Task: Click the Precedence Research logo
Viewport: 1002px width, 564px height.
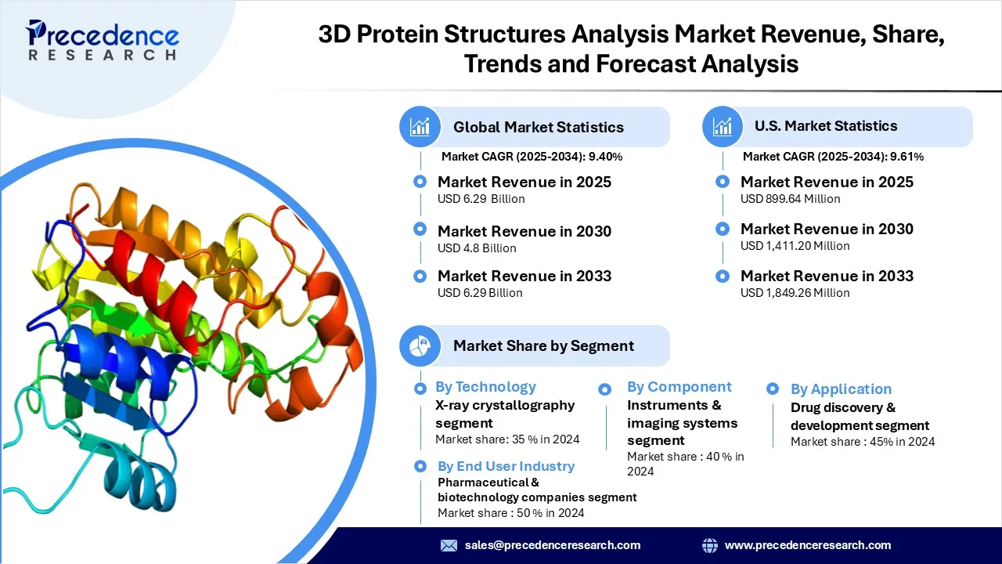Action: (x=102, y=40)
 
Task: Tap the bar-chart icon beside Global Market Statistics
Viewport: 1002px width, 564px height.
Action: (x=420, y=127)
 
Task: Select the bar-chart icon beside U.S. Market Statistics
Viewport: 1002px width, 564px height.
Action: (x=723, y=127)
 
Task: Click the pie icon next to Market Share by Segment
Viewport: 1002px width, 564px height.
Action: (x=420, y=346)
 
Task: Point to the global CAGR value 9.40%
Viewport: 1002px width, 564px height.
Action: (x=605, y=157)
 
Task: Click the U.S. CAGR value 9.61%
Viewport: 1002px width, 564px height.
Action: (x=906, y=157)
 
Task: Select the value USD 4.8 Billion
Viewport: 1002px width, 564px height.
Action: (x=477, y=248)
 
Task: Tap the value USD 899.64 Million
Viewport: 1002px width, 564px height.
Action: (x=791, y=199)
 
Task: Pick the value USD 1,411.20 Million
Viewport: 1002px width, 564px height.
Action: (x=795, y=246)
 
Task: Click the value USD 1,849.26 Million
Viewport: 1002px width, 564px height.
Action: (x=795, y=293)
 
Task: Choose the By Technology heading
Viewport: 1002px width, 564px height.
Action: (x=486, y=387)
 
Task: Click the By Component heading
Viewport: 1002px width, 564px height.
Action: (x=679, y=387)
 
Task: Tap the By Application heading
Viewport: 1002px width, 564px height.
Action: (x=841, y=389)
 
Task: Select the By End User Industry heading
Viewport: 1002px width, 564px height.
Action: (x=506, y=466)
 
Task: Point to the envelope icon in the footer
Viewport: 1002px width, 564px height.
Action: (x=449, y=545)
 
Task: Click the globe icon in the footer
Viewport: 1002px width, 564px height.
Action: (x=710, y=545)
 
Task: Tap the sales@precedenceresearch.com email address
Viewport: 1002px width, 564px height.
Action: (x=553, y=545)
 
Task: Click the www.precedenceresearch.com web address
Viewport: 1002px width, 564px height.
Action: (x=808, y=545)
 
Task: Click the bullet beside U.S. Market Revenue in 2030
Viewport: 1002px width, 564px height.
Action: (x=723, y=229)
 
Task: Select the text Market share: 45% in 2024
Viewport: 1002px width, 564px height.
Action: (x=863, y=442)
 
